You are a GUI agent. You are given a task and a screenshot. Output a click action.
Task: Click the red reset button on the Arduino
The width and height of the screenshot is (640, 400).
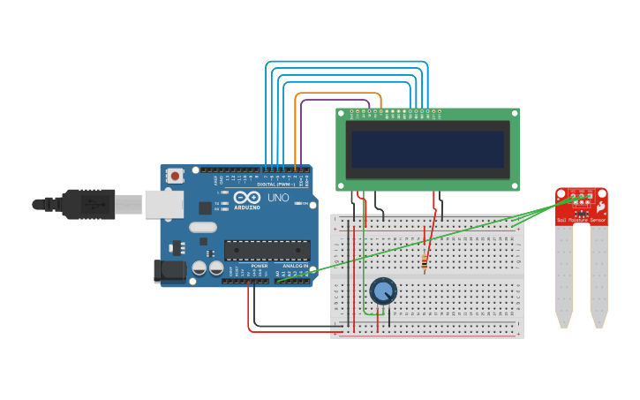[175, 176]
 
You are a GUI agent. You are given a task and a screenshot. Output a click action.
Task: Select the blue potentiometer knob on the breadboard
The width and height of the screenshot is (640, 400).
[382, 291]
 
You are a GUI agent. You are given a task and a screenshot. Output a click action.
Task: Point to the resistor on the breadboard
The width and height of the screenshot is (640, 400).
[425, 260]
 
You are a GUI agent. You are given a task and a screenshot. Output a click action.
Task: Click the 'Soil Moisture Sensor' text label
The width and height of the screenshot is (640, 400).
[581, 220]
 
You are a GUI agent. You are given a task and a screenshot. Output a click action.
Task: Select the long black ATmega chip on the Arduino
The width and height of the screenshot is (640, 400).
[267, 250]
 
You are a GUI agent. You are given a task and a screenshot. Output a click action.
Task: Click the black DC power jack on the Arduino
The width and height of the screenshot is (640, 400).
[169, 272]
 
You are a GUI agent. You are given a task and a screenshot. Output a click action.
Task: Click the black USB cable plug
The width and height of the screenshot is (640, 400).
[88, 204]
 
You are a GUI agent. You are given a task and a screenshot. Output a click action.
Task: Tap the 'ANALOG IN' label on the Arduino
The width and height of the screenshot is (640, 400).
[295, 265]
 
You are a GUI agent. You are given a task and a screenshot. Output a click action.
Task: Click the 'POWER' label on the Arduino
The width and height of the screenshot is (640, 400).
[259, 265]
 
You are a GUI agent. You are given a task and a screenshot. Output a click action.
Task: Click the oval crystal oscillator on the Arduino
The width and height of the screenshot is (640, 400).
[202, 227]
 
